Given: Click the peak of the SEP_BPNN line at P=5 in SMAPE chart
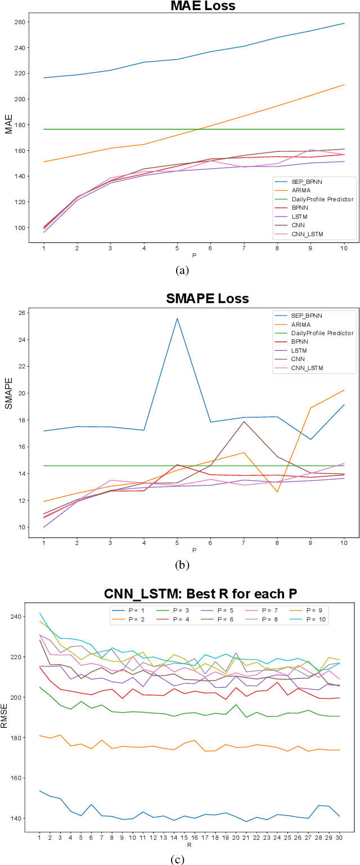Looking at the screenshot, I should pyautogui.click(x=177, y=318).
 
